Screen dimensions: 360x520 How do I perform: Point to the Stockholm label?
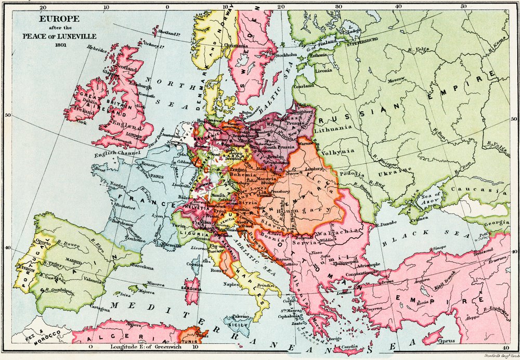(x=287, y=54)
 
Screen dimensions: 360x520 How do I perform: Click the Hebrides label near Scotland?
(x=97, y=50)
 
